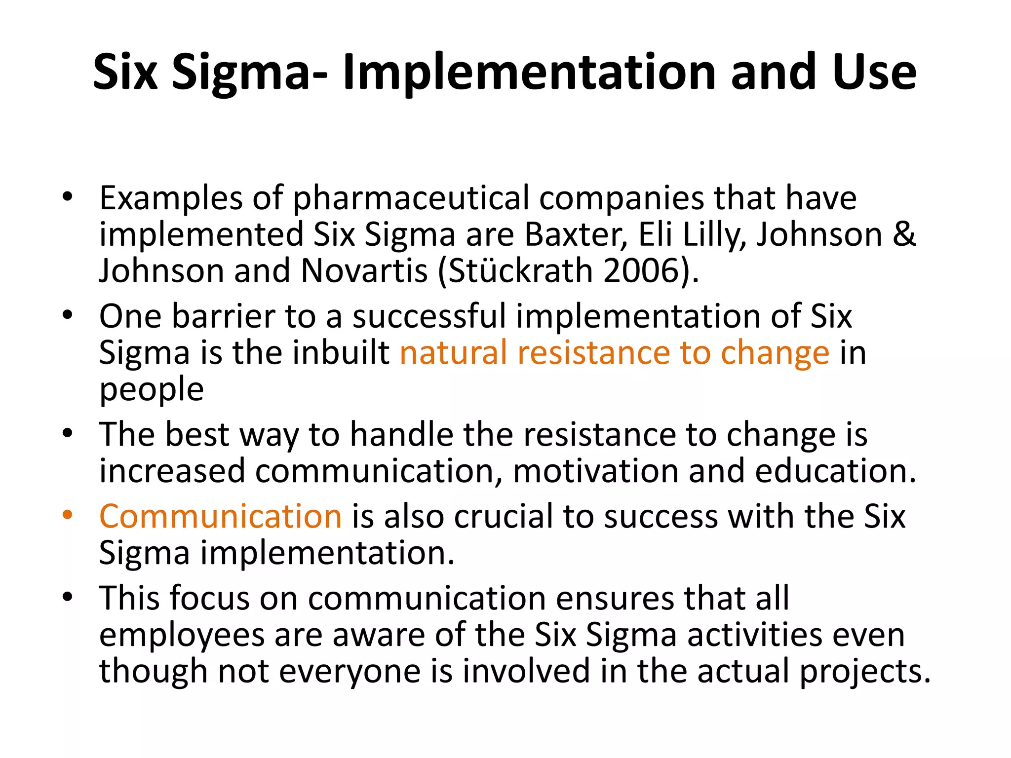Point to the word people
tap(152, 390)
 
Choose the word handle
tap(401, 435)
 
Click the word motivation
tap(596, 471)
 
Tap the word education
tap(834, 471)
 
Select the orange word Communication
tap(220, 517)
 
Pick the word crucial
tap(504, 517)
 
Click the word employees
tap(182, 636)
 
